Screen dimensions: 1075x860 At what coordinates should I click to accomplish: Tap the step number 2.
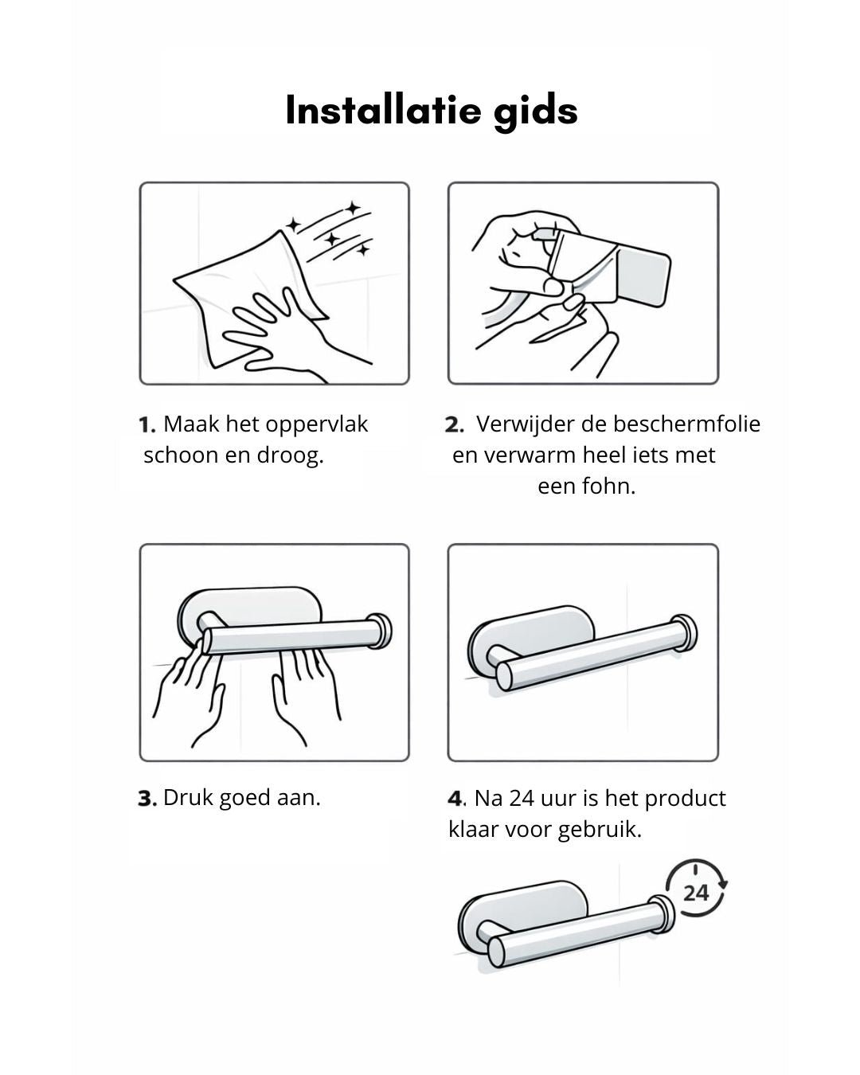(454, 424)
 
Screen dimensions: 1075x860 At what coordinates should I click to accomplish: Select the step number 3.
(147, 798)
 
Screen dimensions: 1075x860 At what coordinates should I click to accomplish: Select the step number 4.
(455, 798)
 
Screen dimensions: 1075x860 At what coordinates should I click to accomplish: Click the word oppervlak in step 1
(325, 424)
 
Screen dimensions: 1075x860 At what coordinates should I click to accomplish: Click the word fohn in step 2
(608, 486)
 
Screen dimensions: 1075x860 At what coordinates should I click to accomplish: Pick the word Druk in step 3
(189, 797)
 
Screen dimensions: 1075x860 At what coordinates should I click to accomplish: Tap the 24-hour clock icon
(695, 890)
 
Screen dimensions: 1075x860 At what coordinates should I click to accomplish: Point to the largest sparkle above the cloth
(353, 209)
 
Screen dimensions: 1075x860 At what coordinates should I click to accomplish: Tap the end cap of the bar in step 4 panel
(683, 633)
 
